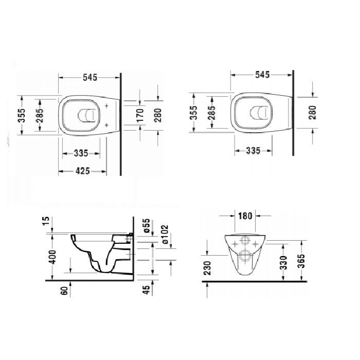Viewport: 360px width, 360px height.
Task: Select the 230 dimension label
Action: pos(206,267)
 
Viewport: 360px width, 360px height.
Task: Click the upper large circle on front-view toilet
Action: pos(246,241)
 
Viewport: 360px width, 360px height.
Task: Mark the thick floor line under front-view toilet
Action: pos(257,282)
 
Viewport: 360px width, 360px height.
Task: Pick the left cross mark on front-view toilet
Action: pos(236,241)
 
